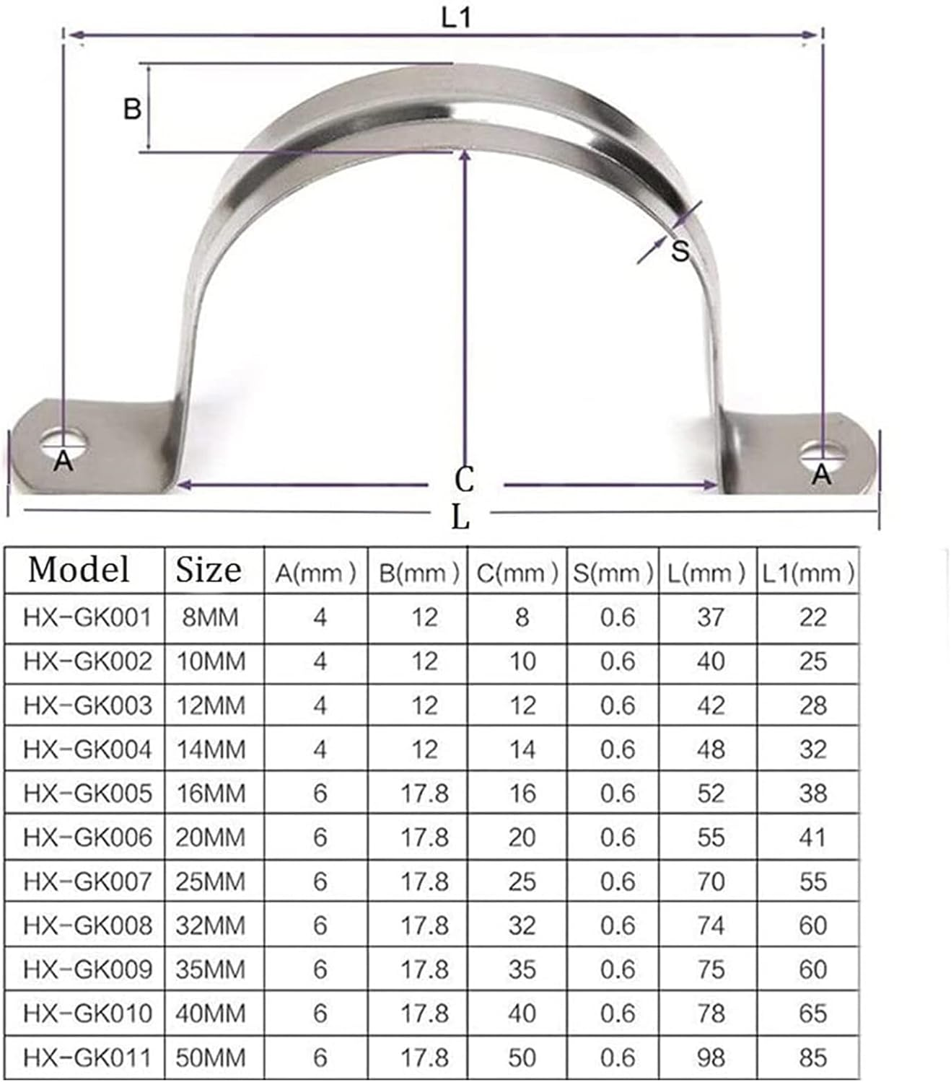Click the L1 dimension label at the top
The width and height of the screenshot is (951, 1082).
(456, 17)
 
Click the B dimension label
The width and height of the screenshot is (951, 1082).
(132, 108)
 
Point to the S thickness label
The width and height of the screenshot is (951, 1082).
(680, 251)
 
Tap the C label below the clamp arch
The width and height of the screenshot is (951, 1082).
(464, 479)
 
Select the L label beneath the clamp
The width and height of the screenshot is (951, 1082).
(460, 516)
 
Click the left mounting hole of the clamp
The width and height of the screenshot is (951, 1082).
(63, 441)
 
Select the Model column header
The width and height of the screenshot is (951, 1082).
(79, 569)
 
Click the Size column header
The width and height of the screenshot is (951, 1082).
(208, 570)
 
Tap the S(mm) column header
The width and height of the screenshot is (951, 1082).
(613, 573)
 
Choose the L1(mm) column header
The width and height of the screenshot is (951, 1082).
(808, 573)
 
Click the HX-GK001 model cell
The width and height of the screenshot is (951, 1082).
(87, 617)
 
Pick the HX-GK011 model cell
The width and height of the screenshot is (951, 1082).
(87, 1057)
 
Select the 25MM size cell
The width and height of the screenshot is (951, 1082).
(211, 881)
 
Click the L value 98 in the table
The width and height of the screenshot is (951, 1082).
(710, 1057)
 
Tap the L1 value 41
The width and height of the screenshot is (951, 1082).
(812, 837)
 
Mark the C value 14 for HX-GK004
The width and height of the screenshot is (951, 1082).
(522, 749)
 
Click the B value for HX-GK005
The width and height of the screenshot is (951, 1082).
(424, 793)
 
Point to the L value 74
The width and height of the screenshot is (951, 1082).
(710, 925)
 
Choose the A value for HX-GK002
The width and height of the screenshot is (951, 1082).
(320, 661)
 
